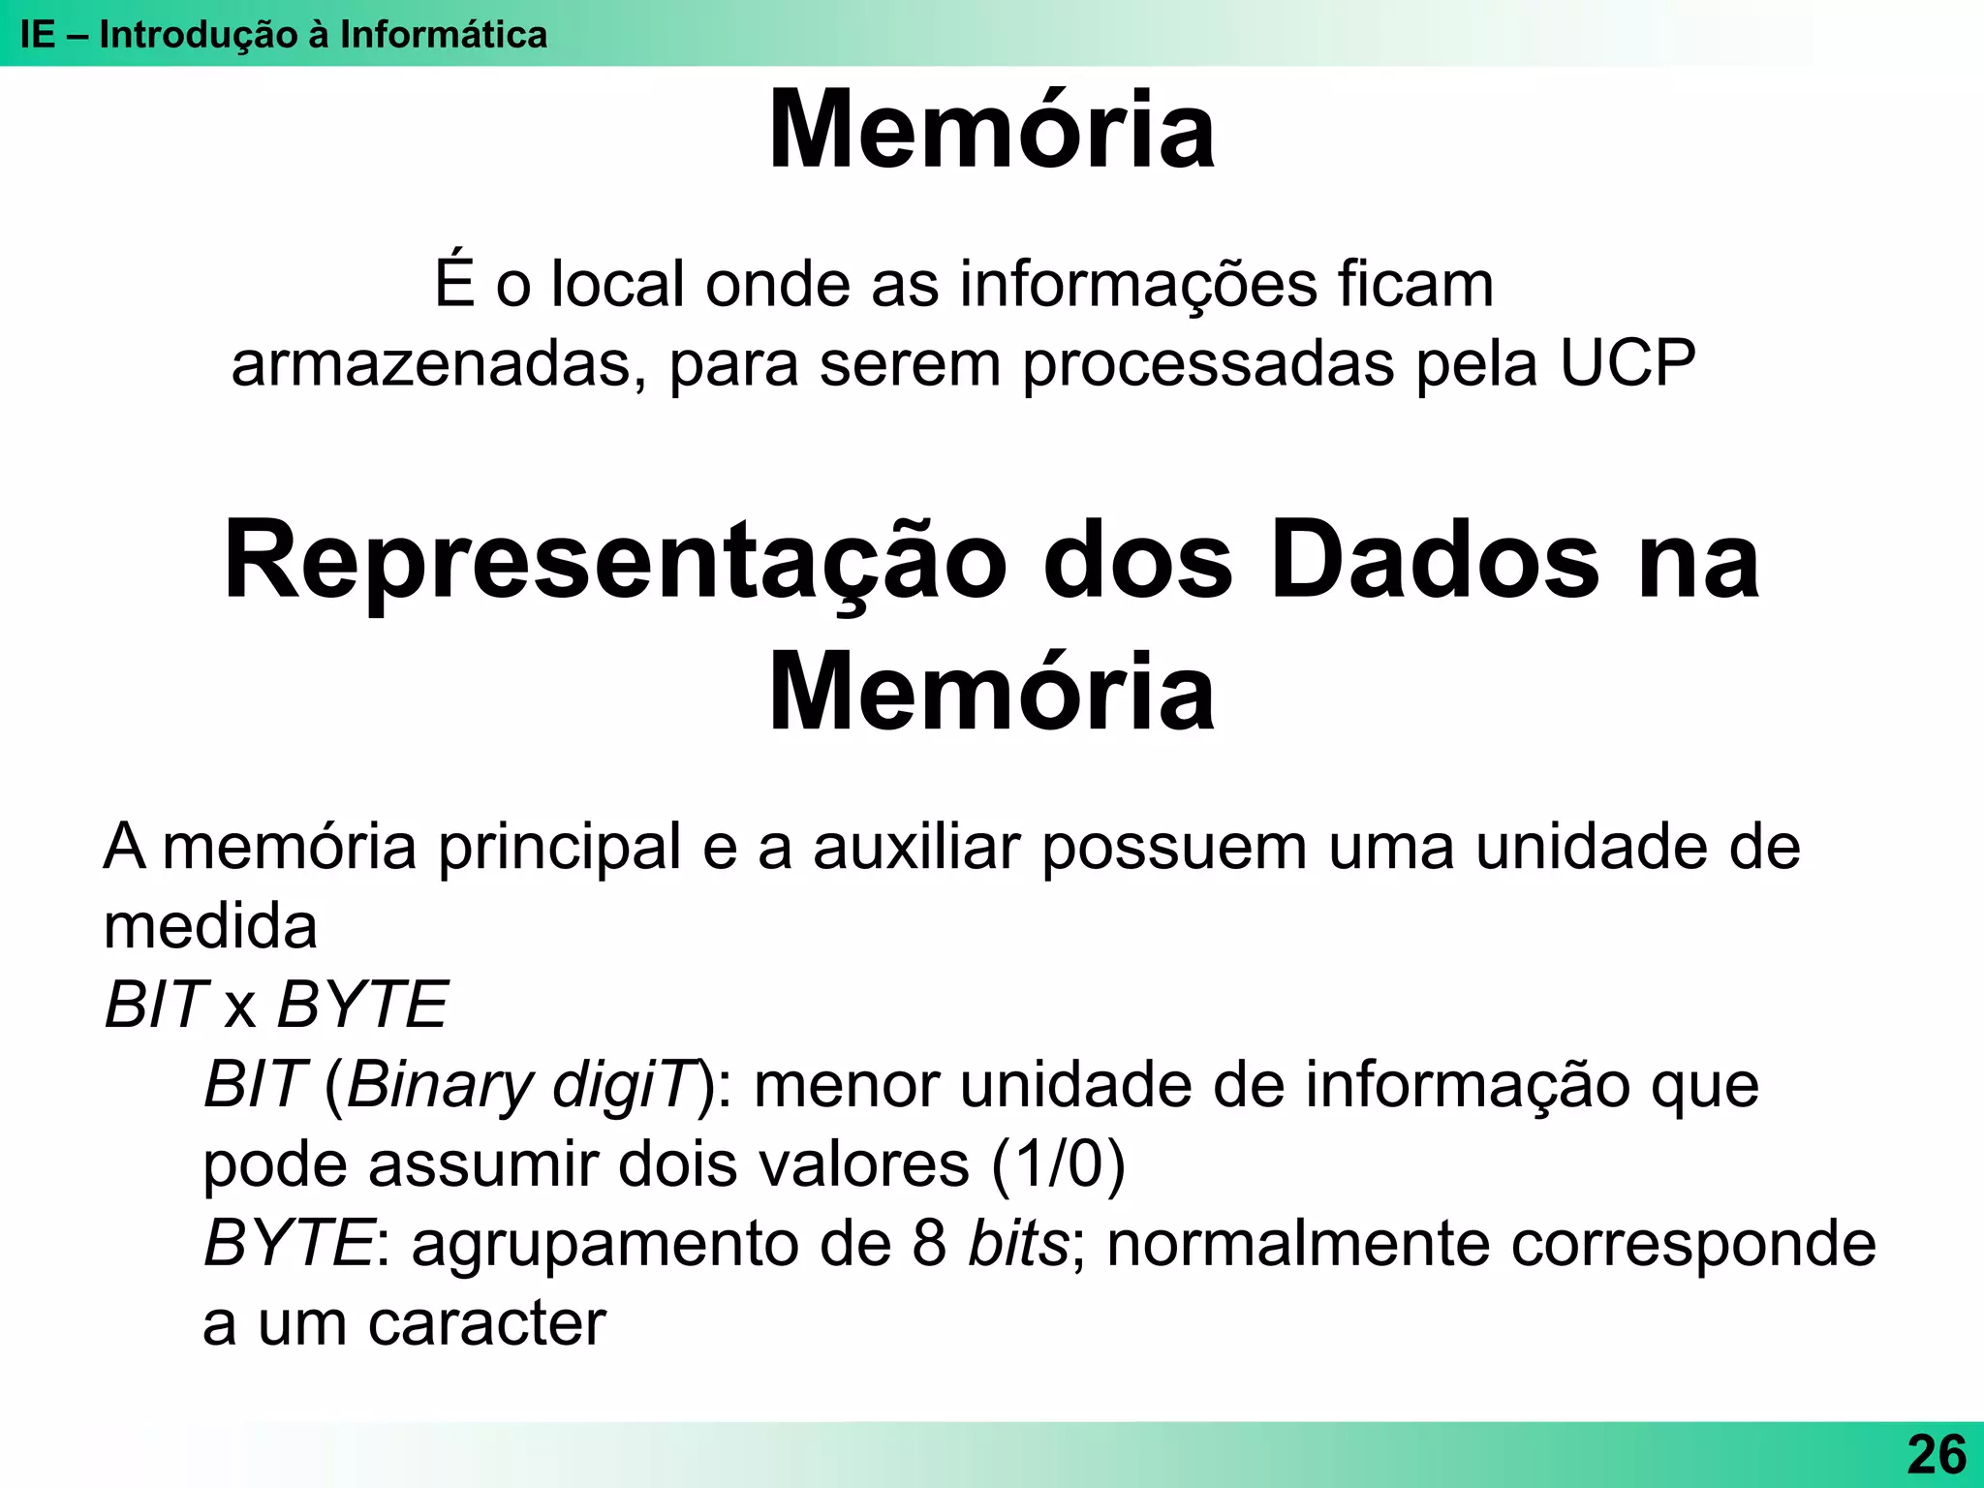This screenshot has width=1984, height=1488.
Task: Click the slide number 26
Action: pos(1937,1454)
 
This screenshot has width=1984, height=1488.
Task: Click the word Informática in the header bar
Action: pos(443,35)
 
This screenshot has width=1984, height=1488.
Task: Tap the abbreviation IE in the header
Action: pos(38,35)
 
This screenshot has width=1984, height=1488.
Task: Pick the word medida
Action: pos(210,926)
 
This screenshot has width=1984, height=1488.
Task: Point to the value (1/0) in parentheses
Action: pos(1058,1163)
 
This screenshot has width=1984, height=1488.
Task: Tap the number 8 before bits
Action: pos(929,1243)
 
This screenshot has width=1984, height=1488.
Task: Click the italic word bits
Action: pos(1018,1243)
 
